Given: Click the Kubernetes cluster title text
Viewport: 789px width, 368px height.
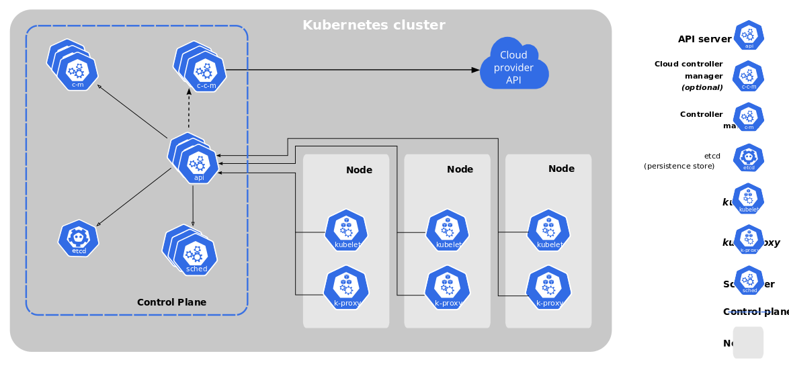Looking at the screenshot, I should click(x=374, y=26).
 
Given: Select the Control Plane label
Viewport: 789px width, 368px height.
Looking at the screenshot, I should click(x=171, y=302).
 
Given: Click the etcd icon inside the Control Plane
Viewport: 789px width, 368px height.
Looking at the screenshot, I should click(x=79, y=238).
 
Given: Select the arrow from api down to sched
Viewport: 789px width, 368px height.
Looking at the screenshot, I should click(x=194, y=205).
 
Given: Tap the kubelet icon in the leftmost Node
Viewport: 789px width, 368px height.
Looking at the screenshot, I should click(x=346, y=231).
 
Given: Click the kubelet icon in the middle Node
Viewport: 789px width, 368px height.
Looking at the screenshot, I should click(x=448, y=231).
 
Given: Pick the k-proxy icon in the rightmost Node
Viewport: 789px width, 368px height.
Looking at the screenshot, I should click(x=548, y=287).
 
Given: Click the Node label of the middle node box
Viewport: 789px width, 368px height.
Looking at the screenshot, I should click(x=460, y=169).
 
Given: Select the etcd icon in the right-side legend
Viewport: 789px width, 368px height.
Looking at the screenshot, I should click(x=749, y=158).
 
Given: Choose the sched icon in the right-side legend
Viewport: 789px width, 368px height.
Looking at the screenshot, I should click(x=749, y=281).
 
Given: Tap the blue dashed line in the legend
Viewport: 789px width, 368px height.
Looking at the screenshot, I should click(x=749, y=312).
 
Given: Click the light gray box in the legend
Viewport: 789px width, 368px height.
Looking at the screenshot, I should click(x=748, y=342).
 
